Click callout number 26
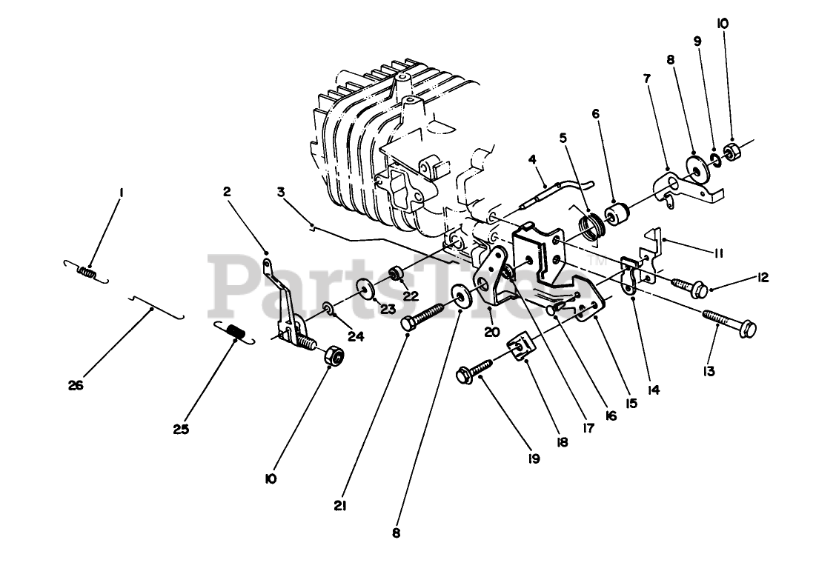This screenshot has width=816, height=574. (x=76, y=385)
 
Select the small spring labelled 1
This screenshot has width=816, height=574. (x=87, y=274)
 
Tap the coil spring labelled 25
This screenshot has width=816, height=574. (x=233, y=333)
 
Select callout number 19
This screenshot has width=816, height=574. (x=534, y=458)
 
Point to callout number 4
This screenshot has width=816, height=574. (x=531, y=158)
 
